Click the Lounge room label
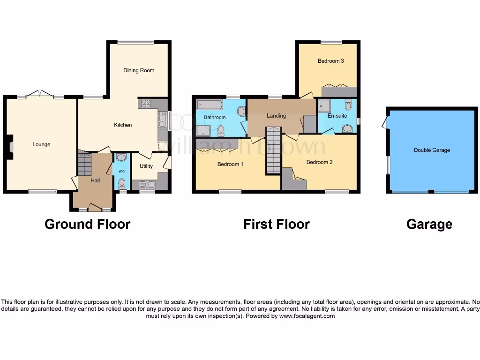point(41,144)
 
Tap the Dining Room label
point(139,70)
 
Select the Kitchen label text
point(123,125)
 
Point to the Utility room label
point(146,166)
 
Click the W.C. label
point(121,171)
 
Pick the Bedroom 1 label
point(230,164)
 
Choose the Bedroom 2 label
point(319,162)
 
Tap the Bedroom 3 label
point(330,60)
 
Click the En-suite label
point(337,115)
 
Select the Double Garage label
point(432,150)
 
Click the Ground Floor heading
point(87,224)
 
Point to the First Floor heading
point(276,224)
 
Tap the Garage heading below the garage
point(429,225)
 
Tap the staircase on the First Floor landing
point(273,150)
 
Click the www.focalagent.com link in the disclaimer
point(307,316)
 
